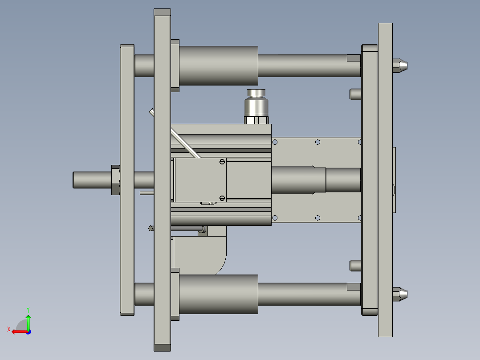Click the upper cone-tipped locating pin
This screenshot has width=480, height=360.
click(400, 65)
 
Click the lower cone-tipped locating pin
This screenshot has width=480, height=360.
click(400, 294)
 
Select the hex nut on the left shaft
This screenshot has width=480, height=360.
click(115, 180)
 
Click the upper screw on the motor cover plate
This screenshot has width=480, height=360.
click(222, 162)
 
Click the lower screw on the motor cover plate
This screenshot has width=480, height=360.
click(222, 197)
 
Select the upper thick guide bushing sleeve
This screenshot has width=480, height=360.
click(218, 65)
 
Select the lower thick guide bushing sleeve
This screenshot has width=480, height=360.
click(218, 294)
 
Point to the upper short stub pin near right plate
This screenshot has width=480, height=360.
click(355, 94)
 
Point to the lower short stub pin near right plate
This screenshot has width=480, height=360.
click(355, 266)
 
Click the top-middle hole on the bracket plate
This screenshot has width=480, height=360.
click(317, 142)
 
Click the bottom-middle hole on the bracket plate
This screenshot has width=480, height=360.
click(317, 217)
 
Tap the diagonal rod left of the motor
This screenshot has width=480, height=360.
click(183, 142)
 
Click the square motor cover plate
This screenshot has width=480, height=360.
click(200, 180)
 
